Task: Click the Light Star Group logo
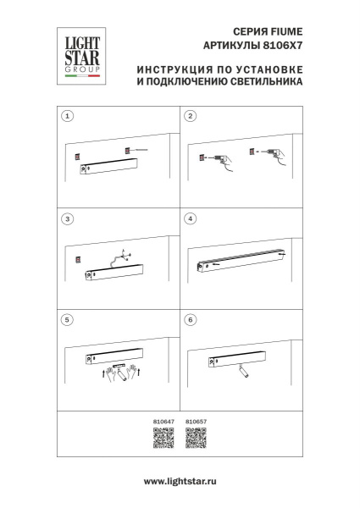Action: click(78, 56)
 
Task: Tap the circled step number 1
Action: click(69, 115)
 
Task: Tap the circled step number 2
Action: click(191, 115)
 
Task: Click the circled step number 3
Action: click(69, 219)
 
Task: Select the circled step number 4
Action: click(191, 219)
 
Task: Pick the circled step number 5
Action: click(69, 321)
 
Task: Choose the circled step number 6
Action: click(191, 321)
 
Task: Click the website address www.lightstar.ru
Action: click(180, 480)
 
